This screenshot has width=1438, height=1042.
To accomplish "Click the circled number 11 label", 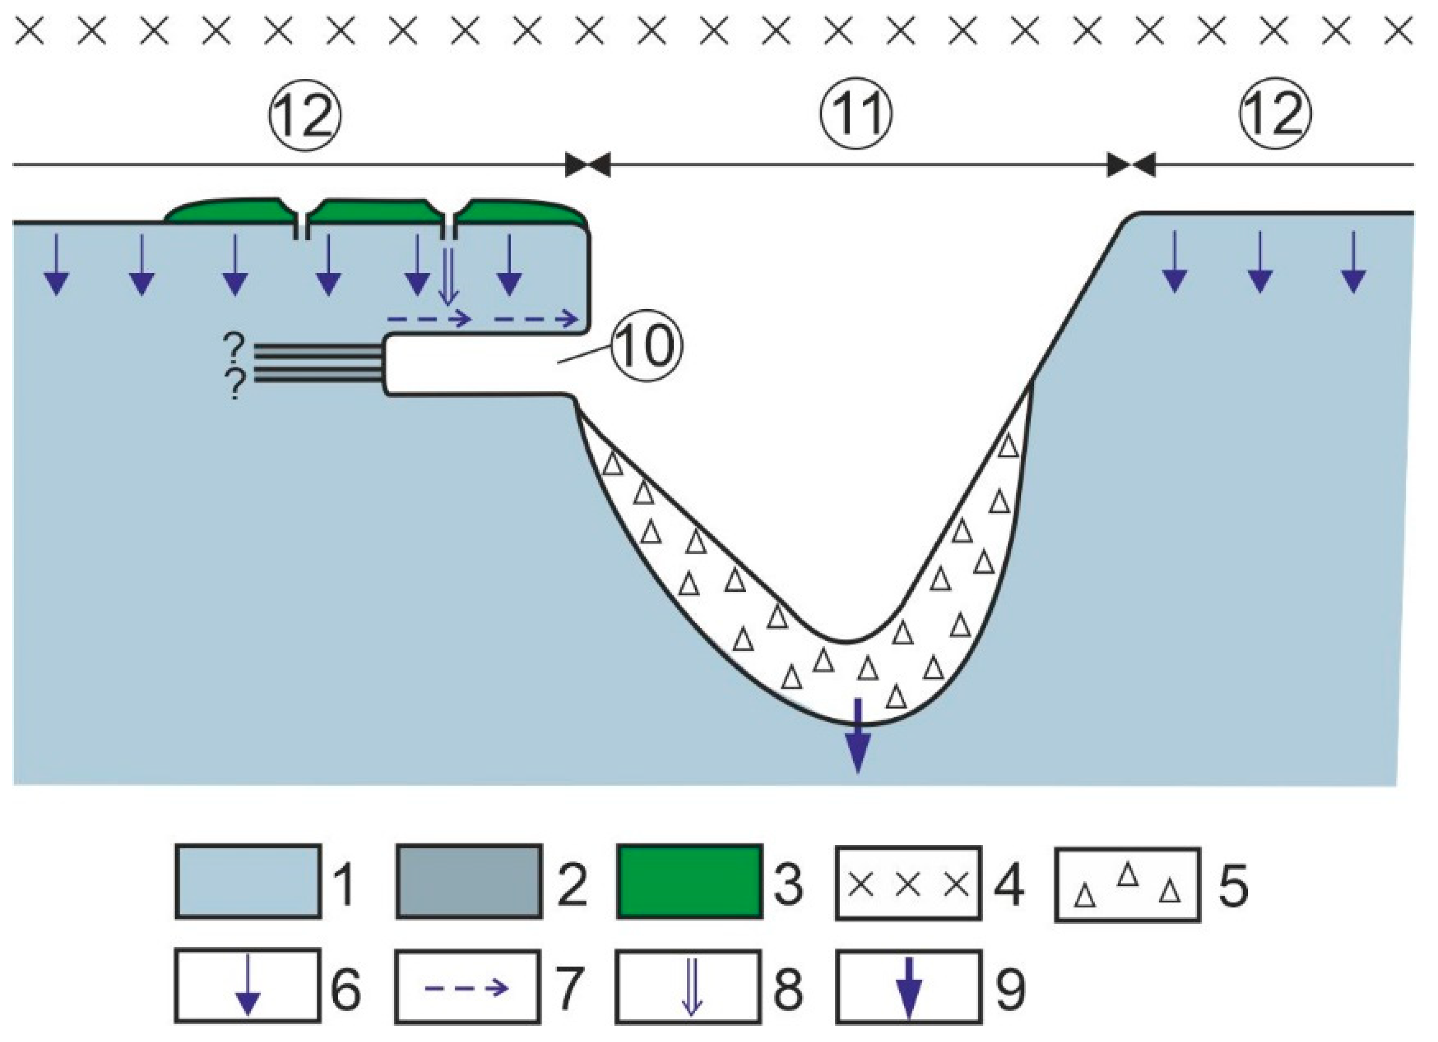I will tap(857, 116).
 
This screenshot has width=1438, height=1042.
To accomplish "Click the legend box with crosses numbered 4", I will tap(908, 883).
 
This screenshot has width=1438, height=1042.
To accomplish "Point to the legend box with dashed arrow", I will tap(468, 985).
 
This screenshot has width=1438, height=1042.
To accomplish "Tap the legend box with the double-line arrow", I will tap(688, 985).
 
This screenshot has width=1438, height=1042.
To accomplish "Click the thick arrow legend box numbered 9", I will tap(908, 985).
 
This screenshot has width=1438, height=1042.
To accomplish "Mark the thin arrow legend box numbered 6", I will tap(248, 985).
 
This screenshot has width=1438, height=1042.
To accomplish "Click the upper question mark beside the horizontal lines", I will tap(234, 348).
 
